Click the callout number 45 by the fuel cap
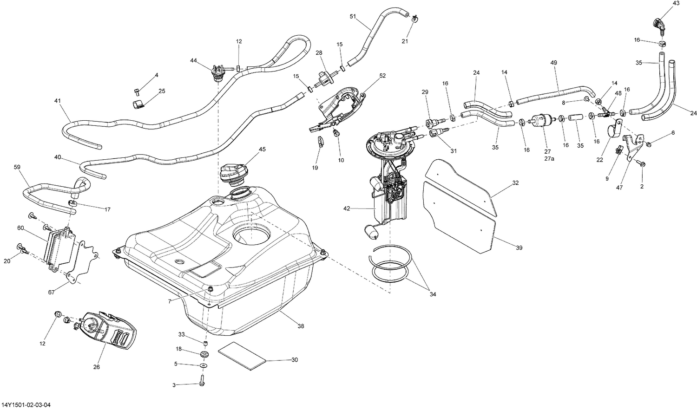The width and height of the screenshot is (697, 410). pos(262,149)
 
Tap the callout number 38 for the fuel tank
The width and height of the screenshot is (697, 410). pos(301,326)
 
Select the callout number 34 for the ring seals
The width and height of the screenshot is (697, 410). pos(433,294)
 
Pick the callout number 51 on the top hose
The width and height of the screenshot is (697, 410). pos(353,16)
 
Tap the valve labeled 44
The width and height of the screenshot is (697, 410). pos(217,73)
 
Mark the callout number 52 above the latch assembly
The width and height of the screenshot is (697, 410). pos(382,75)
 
